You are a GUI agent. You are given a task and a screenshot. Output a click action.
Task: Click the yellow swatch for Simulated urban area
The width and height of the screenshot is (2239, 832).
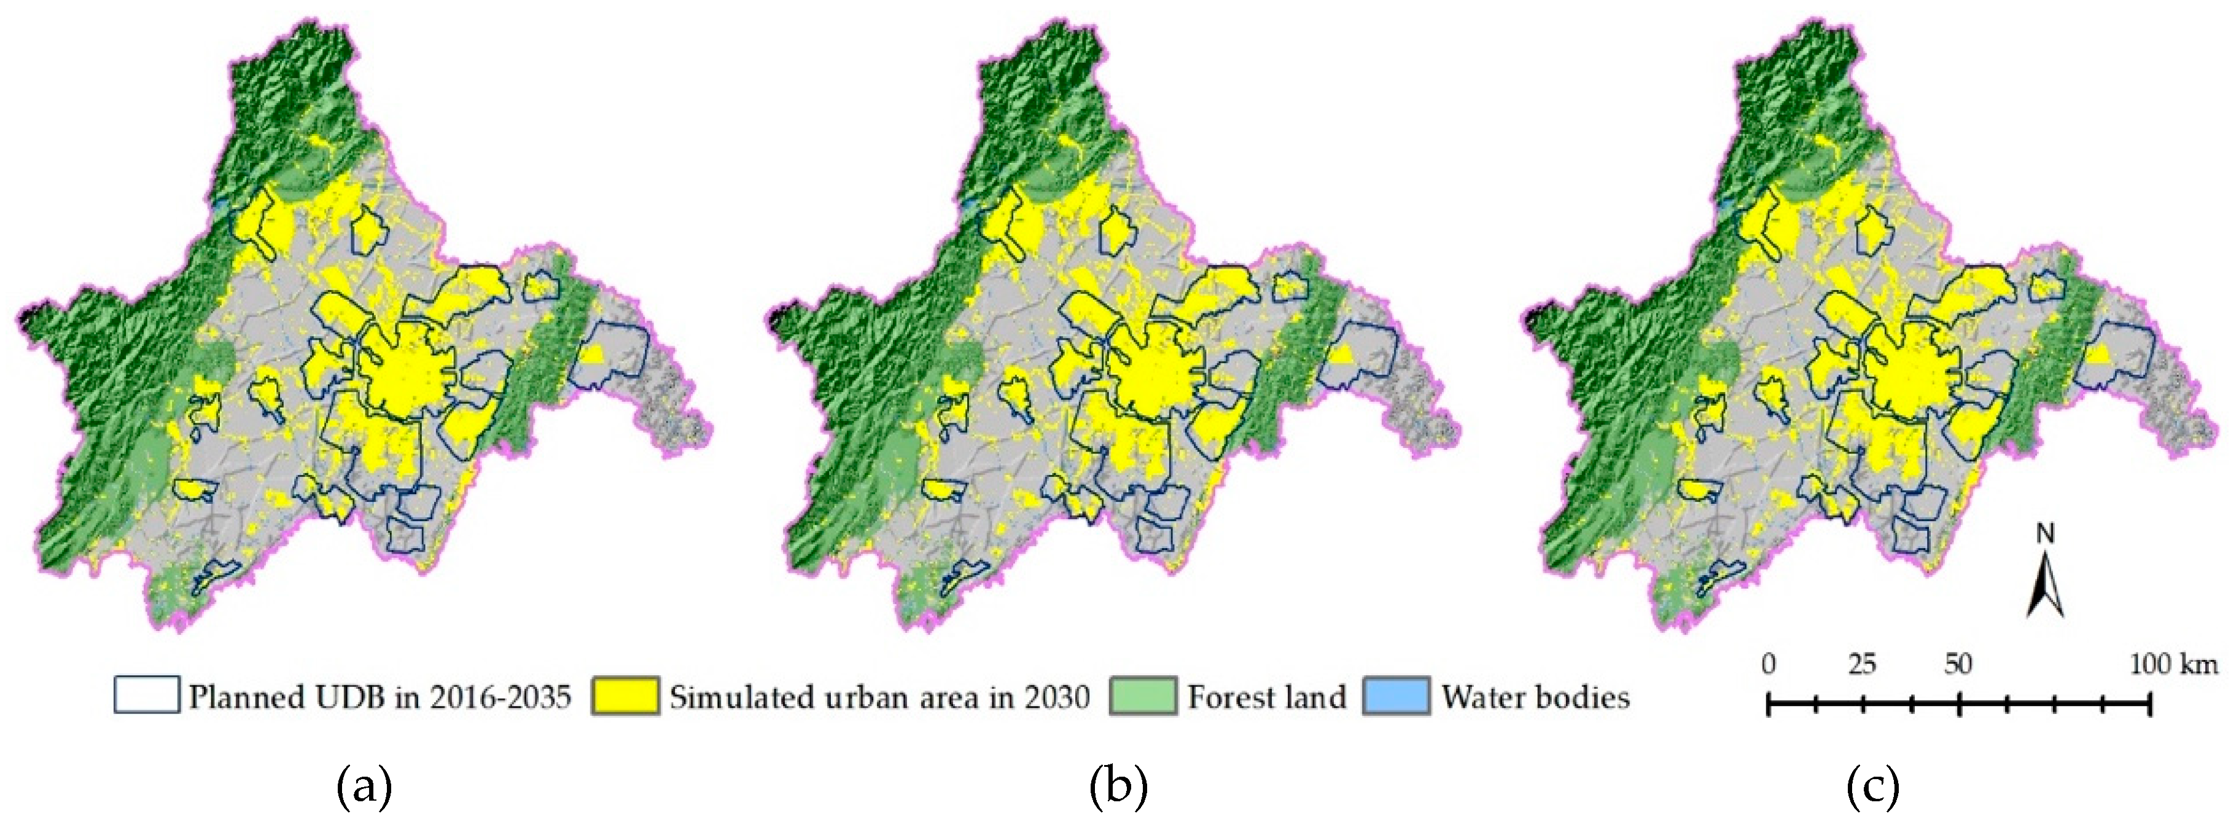(x=624, y=696)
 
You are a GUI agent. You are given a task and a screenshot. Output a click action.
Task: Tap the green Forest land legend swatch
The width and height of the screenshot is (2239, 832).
(x=1143, y=696)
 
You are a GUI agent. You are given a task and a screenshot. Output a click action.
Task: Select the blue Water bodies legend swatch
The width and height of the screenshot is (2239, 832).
(x=1396, y=696)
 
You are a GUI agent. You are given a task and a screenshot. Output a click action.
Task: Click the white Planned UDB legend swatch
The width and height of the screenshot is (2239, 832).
(x=147, y=696)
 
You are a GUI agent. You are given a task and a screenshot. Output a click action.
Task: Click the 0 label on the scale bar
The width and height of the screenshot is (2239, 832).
(x=1769, y=665)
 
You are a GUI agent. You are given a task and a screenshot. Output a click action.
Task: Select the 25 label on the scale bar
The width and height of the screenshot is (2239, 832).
(x=1863, y=665)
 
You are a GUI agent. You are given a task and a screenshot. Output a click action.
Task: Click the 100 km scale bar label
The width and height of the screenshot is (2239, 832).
(x=2173, y=665)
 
